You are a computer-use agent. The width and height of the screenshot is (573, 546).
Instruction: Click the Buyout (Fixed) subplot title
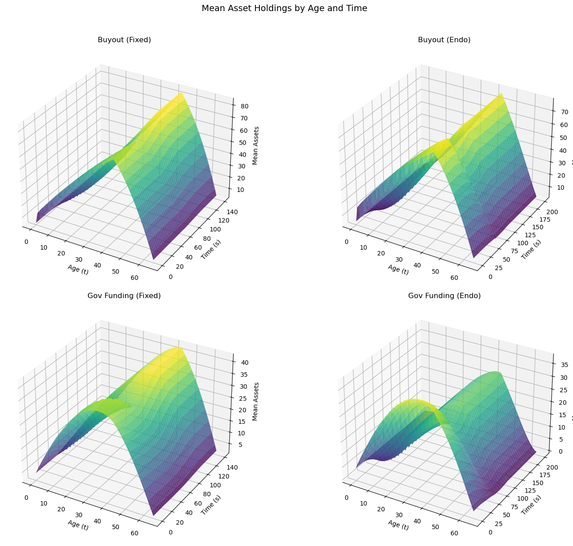coord(124,40)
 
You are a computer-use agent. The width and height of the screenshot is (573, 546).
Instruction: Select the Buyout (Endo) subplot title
coord(444,40)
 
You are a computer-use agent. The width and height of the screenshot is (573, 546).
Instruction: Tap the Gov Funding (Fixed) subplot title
coord(124,296)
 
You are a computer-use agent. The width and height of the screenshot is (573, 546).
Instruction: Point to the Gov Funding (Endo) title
coord(444,296)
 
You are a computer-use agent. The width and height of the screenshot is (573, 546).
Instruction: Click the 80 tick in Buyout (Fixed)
coord(245,106)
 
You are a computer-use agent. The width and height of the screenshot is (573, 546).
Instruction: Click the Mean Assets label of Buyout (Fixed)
coord(256,145)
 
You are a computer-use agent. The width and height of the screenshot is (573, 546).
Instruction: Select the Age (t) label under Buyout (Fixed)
coord(78,269)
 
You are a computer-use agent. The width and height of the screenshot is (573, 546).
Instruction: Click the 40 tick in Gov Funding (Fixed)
coord(245,362)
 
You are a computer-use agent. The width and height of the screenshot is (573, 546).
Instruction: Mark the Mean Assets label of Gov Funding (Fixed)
coord(256,401)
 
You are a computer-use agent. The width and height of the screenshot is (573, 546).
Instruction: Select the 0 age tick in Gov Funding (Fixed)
coord(26,497)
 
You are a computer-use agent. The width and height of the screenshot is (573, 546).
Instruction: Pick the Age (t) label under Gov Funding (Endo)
coord(398,525)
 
